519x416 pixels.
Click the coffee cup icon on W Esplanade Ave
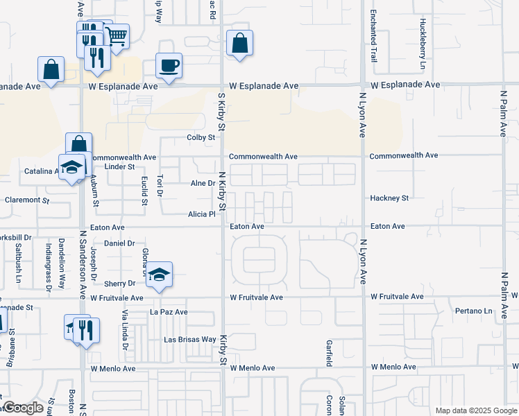click(169, 66)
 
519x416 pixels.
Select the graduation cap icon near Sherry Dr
click(159, 275)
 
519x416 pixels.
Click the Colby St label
click(201, 138)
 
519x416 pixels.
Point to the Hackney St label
click(389, 198)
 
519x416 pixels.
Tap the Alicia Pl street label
click(203, 215)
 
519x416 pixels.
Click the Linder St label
click(119, 166)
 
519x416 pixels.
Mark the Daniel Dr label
click(119, 243)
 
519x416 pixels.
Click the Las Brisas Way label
click(189, 340)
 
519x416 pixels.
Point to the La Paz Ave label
click(169, 313)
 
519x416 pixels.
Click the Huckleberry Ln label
click(422, 34)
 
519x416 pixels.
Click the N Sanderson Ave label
click(82, 264)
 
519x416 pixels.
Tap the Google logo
click(24, 408)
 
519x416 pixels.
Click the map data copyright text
click(475, 410)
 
